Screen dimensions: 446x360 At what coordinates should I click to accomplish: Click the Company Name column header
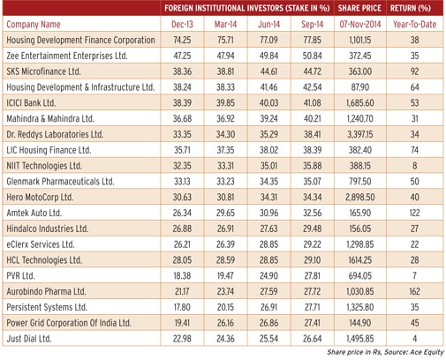click(x=34, y=24)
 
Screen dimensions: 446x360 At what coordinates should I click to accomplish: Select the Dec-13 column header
click(x=182, y=24)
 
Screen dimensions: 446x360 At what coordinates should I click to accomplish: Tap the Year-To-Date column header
click(x=414, y=24)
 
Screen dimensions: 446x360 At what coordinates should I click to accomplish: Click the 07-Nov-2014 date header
click(x=360, y=24)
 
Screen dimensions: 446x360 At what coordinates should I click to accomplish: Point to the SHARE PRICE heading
click(x=359, y=8)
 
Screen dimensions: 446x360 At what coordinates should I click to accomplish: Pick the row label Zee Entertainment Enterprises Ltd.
click(x=67, y=56)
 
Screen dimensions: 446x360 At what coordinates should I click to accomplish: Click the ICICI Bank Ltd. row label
click(x=31, y=103)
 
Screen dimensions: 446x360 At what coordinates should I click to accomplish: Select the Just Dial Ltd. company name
click(x=29, y=339)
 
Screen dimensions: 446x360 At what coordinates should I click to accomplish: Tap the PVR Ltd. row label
click(x=20, y=275)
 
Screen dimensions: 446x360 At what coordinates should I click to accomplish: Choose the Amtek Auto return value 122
click(x=414, y=213)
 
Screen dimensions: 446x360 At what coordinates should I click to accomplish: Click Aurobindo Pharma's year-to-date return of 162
click(x=414, y=291)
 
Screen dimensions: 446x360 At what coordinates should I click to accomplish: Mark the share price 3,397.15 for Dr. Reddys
click(x=360, y=134)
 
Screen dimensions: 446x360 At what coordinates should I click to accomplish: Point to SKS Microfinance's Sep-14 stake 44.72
click(x=312, y=71)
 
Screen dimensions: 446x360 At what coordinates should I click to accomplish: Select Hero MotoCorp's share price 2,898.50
click(x=360, y=197)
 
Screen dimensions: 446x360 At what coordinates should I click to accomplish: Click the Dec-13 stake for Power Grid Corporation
click(x=182, y=323)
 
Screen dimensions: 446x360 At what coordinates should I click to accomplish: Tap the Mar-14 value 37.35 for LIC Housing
click(x=225, y=150)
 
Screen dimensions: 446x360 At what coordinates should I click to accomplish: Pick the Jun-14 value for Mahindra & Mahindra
click(x=268, y=118)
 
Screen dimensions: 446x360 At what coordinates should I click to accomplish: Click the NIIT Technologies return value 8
click(x=414, y=166)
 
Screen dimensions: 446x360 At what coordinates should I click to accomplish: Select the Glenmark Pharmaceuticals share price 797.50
click(x=360, y=182)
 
